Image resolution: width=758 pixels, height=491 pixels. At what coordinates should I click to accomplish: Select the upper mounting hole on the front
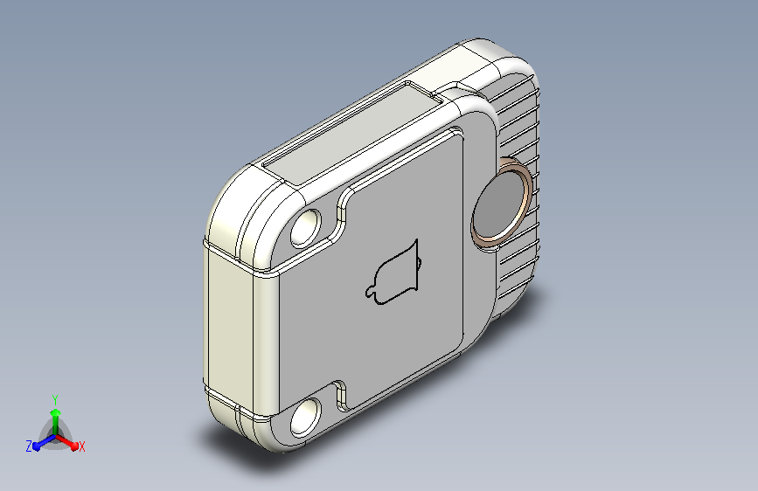click(x=305, y=228)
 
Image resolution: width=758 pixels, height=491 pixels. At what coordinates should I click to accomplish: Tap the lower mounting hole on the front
click(x=305, y=418)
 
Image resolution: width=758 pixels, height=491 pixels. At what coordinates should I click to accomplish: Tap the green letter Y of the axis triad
click(x=54, y=400)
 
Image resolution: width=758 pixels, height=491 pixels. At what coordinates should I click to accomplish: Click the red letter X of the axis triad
click(x=81, y=447)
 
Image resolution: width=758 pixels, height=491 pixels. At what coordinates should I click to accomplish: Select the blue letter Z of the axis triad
click(x=29, y=446)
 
